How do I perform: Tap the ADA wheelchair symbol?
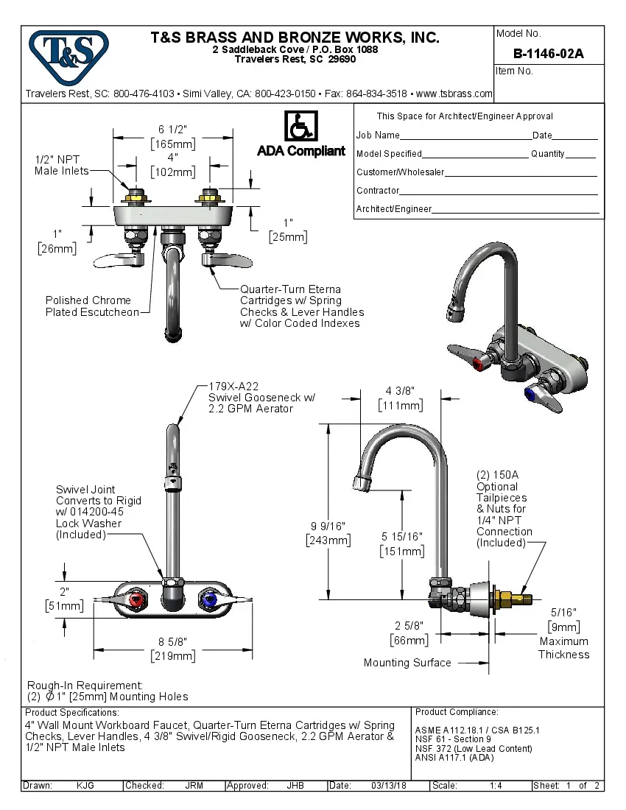click(300, 127)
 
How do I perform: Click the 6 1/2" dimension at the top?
click(173, 129)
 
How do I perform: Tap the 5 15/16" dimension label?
click(401, 538)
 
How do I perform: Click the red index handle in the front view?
click(136, 602)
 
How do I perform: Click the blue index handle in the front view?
click(209, 602)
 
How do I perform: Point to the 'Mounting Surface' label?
click(407, 663)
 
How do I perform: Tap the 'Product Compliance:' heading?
click(457, 712)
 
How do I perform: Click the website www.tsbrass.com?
click(454, 94)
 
